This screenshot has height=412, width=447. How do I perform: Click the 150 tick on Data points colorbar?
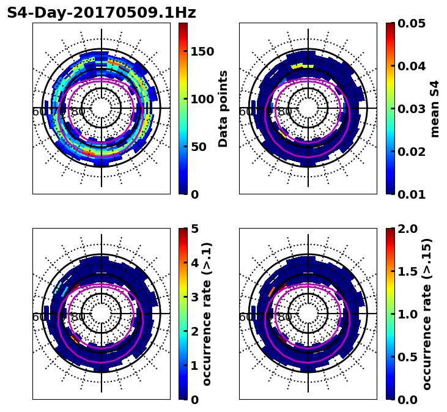click(x=202, y=51)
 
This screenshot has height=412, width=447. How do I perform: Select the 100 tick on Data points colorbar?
click(x=202, y=99)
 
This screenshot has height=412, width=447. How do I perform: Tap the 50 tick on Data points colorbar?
click(x=199, y=147)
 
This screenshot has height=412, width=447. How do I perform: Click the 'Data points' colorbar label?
click(x=223, y=109)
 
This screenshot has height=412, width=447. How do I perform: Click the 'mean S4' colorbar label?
click(x=435, y=109)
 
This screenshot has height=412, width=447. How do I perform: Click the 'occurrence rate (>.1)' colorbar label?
click(x=207, y=314)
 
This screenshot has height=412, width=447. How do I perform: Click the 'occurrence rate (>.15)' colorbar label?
click(x=427, y=314)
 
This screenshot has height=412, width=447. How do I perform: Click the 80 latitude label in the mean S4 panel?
click(x=285, y=112)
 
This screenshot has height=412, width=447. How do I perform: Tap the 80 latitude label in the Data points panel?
click(x=78, y=112)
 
